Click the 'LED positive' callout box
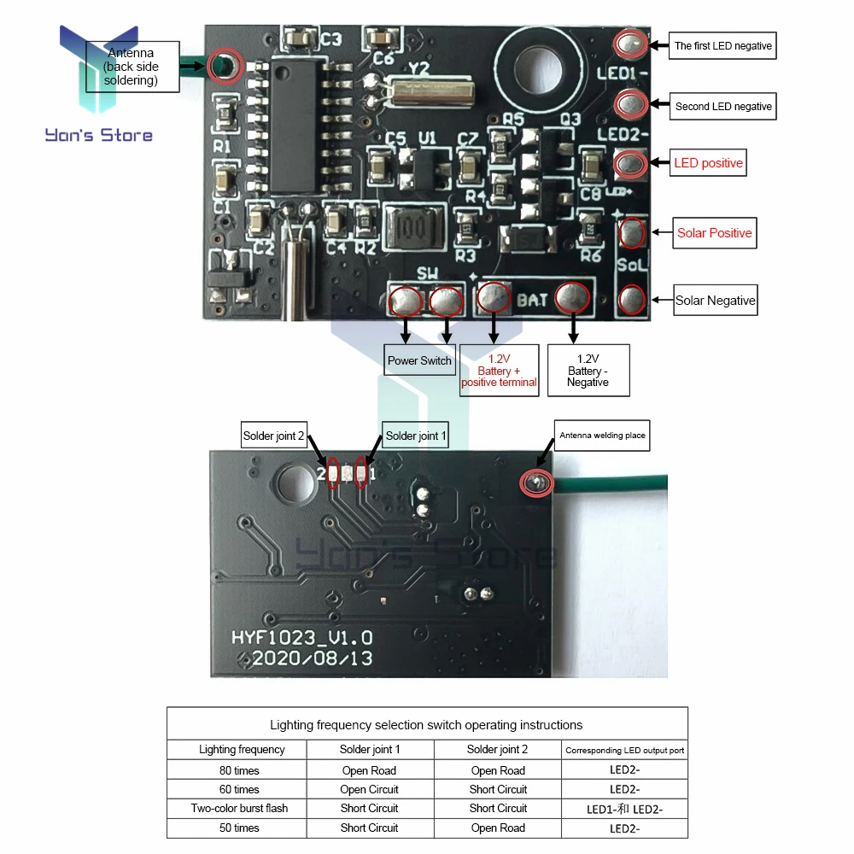coord(708,163)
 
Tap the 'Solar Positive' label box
coord(715,233)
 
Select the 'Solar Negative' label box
coord(716,300)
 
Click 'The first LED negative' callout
coord(722,46)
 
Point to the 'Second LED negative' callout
coord(722,106)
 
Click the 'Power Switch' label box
coord(419,360)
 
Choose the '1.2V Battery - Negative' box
coord(588,371)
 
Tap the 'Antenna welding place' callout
coord(602,436)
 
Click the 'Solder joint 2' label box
coord(274,436)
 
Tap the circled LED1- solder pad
coord(631,44)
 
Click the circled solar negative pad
coord(632,300)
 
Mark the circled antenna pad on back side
coord(536,483)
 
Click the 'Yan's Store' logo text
coord(98,135)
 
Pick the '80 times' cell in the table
coord(239,770)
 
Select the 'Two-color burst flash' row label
coord(239,808)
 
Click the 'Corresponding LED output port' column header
coord(625,750)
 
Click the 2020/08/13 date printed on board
coord(312,658)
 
